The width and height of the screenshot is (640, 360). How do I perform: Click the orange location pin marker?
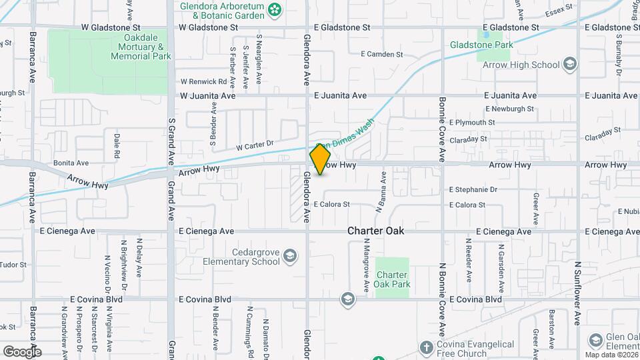tap(321, 159)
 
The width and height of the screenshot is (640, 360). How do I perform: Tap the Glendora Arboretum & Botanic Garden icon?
tap(275, 9)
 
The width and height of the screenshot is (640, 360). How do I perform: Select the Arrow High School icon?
tap(569, 64)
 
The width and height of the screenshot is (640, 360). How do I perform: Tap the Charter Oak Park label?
tap(392, 279)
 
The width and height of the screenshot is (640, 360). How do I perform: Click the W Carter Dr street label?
tap(255, 144)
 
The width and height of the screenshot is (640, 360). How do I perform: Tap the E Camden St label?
tap(373, 54)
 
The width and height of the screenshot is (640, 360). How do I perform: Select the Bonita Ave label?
tap(71, 163)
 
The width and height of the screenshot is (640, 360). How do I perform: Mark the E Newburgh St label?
tap(510, 109)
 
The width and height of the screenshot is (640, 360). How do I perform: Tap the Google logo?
tap(22, 351)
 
